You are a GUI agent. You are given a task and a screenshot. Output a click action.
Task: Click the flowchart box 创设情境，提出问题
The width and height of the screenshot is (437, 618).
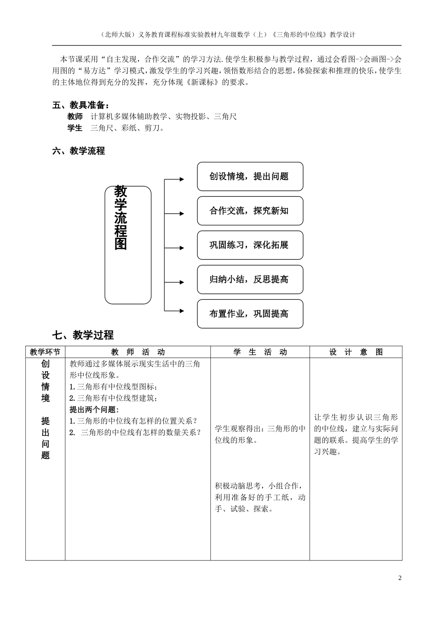coord(250,177)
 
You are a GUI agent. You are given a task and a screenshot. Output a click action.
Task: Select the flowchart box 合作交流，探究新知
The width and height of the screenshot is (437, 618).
coord(250,211)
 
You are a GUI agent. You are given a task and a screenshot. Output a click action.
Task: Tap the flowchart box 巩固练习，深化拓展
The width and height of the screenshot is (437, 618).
coord(250,245)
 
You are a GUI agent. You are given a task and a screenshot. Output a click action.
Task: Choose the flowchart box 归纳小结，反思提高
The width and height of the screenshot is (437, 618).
coord(250,280)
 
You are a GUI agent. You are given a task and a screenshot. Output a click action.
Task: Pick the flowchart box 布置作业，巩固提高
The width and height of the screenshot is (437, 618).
coord(250,314)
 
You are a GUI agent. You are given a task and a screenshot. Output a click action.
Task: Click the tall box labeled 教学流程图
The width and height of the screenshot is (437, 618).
coord(128,245)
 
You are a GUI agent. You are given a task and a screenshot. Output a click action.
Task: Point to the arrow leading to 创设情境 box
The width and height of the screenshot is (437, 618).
coord(175,179)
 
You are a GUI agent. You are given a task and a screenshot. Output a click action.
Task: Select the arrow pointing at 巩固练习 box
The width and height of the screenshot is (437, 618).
coord(175,248)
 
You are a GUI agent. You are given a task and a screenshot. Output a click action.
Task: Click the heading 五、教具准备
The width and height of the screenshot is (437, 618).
coord(81,105)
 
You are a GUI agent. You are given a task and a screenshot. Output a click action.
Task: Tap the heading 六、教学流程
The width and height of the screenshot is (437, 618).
coord(79,151)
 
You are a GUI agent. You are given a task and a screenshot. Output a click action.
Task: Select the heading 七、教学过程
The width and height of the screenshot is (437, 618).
coord(83,335)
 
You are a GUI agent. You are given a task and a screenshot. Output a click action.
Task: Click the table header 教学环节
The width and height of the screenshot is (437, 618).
coord(45,352)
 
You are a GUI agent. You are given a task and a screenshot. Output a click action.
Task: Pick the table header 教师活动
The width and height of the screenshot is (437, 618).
coord(138,352)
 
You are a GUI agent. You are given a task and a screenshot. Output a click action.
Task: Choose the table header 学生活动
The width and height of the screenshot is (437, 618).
coord(260,352)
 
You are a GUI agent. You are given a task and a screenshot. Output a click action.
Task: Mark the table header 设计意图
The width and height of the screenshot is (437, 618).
coord(356,352)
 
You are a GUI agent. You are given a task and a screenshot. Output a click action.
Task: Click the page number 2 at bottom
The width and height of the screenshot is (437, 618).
coord(400,578)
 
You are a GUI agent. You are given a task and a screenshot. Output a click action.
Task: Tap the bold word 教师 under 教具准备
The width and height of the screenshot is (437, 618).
coord(75,117)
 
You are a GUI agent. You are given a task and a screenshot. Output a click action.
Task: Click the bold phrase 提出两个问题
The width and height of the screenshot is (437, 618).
coord(94,410)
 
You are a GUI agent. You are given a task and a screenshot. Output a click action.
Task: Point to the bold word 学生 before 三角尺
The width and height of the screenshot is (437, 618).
coord(75,128)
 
